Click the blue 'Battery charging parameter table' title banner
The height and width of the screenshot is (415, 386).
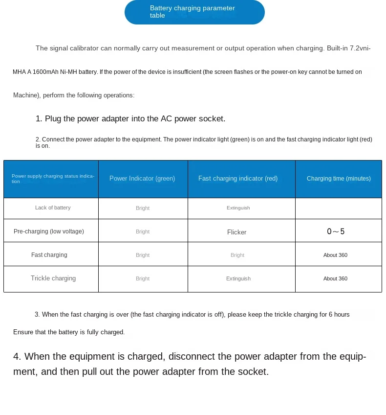(194, 12)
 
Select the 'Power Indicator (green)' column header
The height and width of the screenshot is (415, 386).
(142, 179)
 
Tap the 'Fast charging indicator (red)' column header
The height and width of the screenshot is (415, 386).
(238, 179)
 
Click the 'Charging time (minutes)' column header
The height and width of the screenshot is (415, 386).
(339, 179)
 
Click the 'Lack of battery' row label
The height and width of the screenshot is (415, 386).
(53, 208)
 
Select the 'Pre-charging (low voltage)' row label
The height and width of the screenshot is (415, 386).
(49, 231)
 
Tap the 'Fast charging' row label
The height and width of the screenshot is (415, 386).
(49, 255)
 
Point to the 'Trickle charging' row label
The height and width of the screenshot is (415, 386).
(53, 278)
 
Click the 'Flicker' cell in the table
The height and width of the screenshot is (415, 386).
(237, 232)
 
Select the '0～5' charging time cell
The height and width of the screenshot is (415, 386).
(336, 231)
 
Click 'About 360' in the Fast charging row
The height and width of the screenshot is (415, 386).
(335, 255)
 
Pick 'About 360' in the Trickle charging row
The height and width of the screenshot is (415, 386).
(335, 278)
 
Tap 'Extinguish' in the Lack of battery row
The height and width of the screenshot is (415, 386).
(238, 208)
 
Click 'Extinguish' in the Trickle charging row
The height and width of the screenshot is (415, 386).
(238, 278)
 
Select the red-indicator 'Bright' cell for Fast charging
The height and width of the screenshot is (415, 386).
(237, 255)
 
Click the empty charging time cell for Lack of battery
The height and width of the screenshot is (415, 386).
(338, 208)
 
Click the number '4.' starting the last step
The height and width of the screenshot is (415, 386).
(18, 357)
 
